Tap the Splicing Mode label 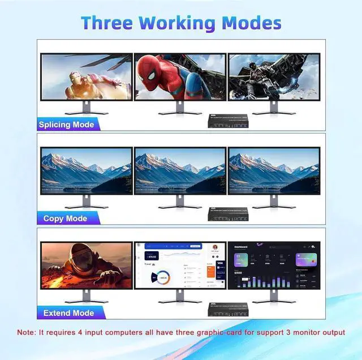coord(66,124)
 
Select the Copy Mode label coord(65,218)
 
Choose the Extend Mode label coord(68,312)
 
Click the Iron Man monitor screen coord(87,76)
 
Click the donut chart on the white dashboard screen coord(162,277)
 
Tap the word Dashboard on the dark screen coord(242,247)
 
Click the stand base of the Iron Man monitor coord(86,112)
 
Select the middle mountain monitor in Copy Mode coord(180,171)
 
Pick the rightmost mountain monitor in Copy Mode coord(274,171)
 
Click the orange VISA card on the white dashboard coord(211,271)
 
